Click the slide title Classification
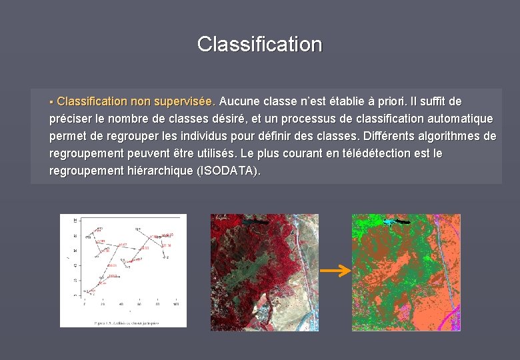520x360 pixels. [259, 45]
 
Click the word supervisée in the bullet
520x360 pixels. [184, 101]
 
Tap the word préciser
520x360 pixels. [71, 119]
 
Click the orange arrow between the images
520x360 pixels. [335, 271]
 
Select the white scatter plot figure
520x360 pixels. [123, 271]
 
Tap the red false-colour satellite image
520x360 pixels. [264, 272]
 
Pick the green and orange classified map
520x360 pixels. [406, 272]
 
